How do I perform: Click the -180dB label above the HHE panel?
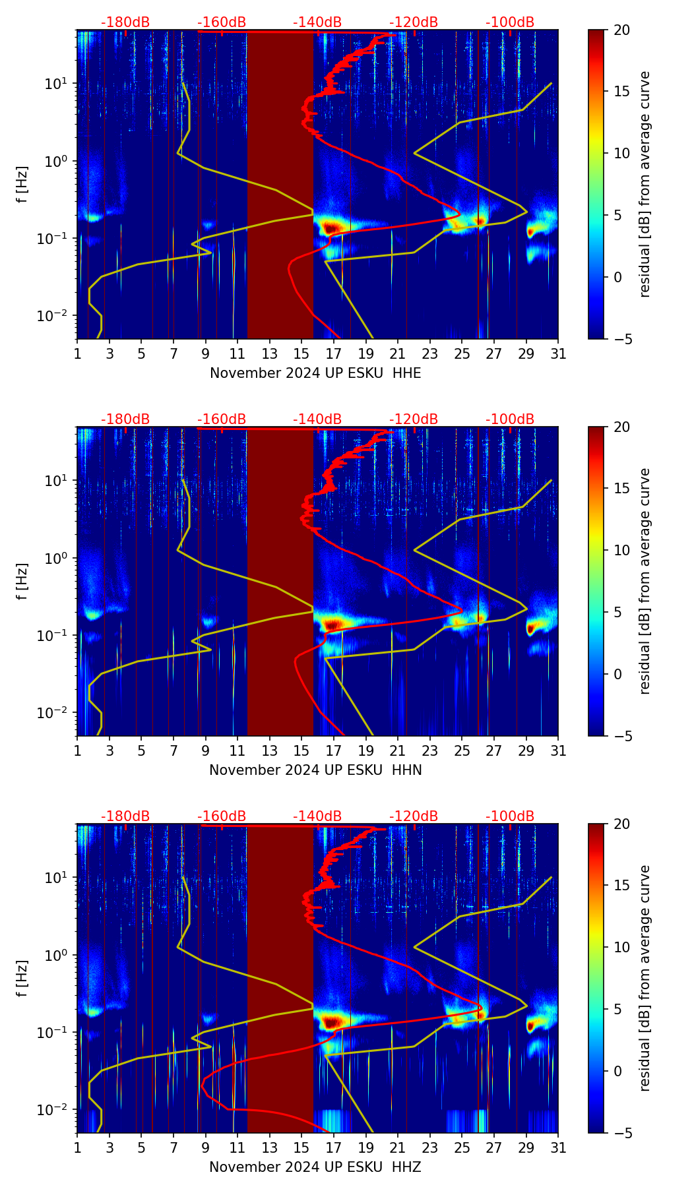pos(125,22)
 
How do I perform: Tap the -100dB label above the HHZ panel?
pos(510,816)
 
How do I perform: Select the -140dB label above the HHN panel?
pos(317,419)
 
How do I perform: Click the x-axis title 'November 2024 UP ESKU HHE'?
pos(315,373)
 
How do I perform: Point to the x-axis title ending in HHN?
pos(315,770)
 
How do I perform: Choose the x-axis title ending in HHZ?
pos(315,1167)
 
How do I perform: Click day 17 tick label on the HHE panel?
pos(334,353)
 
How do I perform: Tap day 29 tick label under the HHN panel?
pos(526,750)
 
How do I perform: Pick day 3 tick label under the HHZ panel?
pos(110,1147)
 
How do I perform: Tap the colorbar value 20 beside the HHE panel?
pos(621,30)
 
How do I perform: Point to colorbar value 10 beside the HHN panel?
pos(621,550)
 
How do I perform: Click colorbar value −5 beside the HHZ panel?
pos(621,1133)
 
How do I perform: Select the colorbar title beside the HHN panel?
pos(645,581)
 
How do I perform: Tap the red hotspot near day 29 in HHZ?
pos(530,1026)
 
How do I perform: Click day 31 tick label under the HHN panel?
pos(558,750)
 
